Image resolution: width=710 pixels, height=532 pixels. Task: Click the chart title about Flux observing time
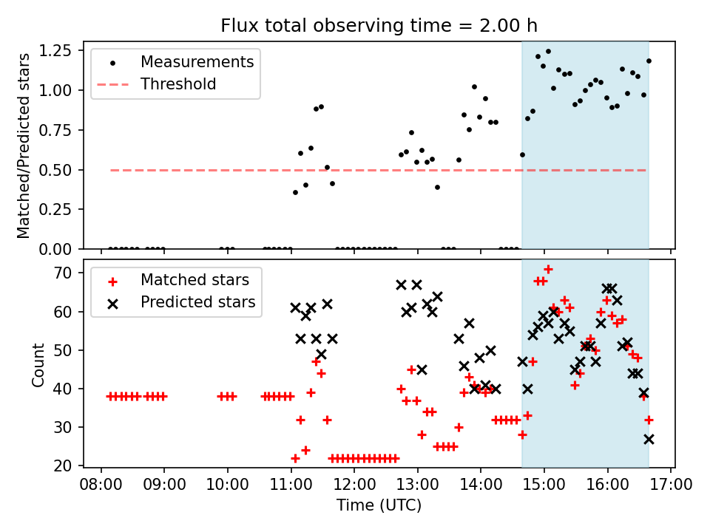379,26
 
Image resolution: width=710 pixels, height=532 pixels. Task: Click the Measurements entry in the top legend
197,61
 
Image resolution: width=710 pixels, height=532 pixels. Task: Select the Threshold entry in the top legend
178,84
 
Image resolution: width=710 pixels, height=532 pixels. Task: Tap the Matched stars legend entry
195,280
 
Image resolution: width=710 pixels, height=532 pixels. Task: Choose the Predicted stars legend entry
197,302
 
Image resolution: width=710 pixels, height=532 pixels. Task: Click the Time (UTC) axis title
379,506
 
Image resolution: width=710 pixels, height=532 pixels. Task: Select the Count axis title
38,364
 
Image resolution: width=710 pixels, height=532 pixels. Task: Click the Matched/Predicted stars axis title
24,146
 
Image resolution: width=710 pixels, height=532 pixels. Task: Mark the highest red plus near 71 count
548,269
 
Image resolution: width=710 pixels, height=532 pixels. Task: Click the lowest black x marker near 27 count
649,439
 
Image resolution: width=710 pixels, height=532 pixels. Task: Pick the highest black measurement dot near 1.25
548,52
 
